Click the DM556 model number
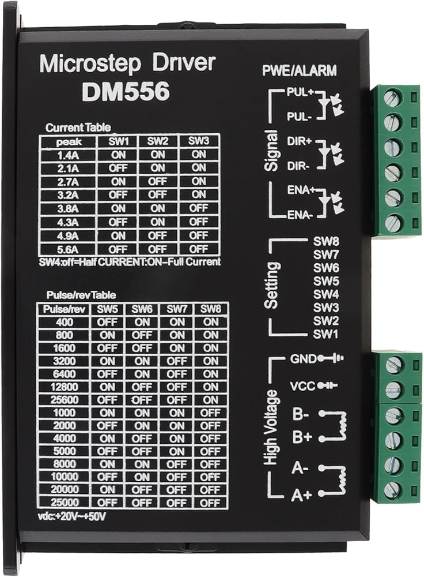(x=126, y=92)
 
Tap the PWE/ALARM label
(x=300, y=72)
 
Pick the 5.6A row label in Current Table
(x=68, y=249)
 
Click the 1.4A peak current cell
(x=68, y=155)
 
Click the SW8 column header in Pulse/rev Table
(x=210, y=309)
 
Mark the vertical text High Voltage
(x=272, y=427)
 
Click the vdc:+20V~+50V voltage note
(x=70, y=516)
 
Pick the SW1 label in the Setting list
(x=325, y=334)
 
